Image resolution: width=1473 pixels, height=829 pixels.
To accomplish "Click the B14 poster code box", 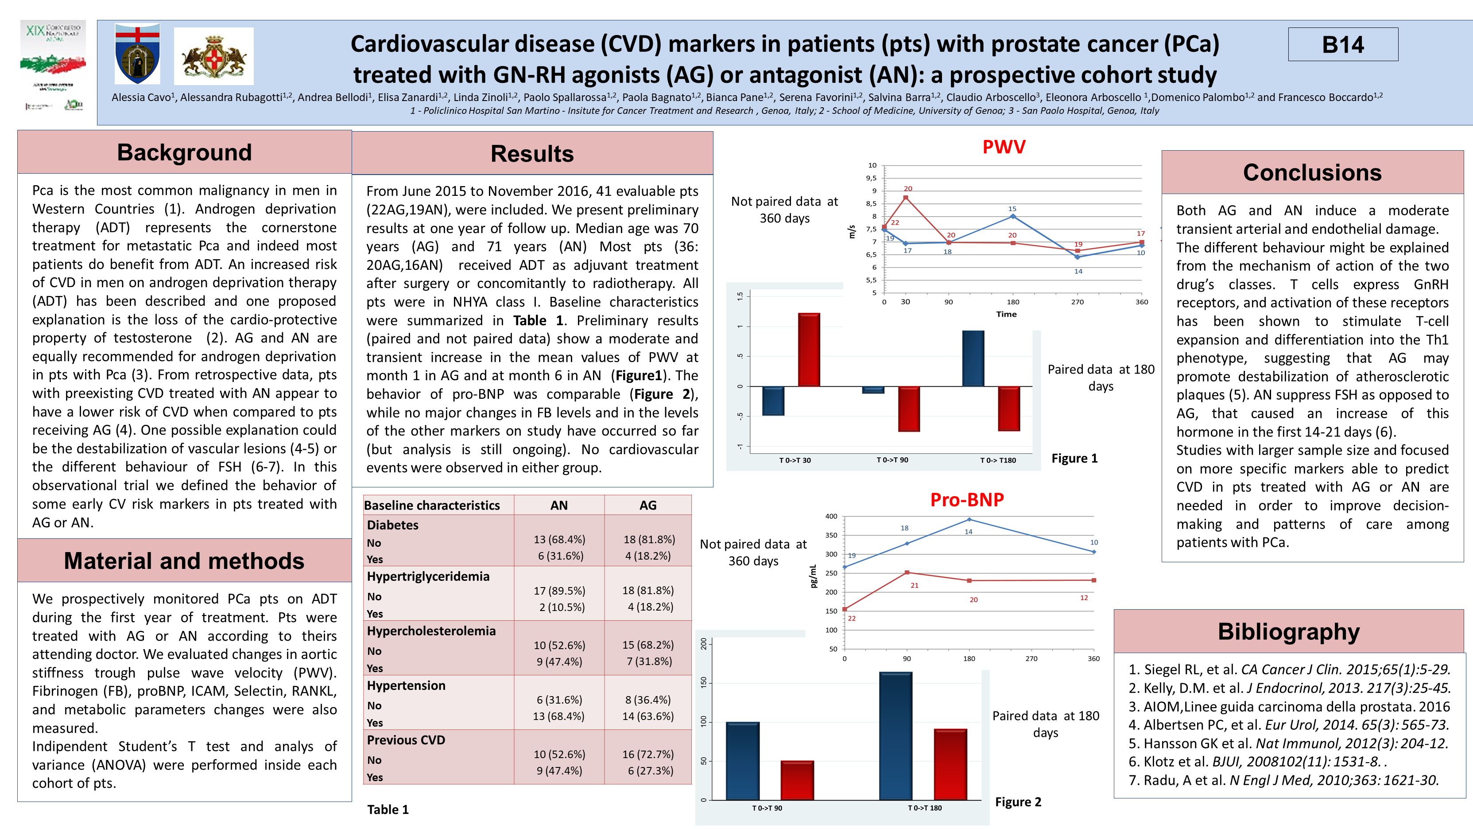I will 1343,45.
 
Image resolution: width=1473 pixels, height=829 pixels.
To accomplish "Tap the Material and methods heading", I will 184,560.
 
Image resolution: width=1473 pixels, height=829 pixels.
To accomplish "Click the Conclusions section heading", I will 1312,173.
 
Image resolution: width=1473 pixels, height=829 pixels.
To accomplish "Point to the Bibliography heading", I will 1288,632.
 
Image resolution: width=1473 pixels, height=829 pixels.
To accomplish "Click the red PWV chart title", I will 1004,147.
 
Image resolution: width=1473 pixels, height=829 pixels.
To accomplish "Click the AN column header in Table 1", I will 558,505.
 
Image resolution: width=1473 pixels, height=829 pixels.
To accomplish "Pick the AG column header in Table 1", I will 647,505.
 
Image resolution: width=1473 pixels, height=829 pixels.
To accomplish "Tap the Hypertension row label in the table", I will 406,685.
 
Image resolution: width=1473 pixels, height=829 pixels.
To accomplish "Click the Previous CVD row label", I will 406,740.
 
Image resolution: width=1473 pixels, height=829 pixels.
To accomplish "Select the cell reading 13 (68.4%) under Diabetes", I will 559,540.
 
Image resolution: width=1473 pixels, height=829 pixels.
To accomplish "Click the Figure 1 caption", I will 1074,458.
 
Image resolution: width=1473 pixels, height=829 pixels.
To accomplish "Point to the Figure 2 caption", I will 1018,802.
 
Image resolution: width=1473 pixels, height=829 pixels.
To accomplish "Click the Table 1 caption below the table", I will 388,810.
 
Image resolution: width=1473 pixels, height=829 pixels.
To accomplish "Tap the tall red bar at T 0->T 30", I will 809,350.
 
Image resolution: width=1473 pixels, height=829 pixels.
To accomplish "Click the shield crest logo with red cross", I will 137,54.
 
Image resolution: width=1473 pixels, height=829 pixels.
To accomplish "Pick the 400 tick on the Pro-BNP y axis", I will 831,516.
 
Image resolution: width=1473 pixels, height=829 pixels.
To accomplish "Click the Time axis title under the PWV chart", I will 1006,314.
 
